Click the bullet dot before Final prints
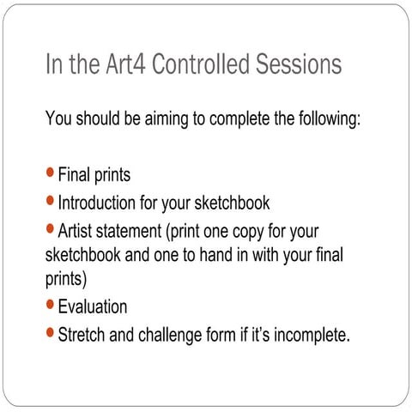(50, 174)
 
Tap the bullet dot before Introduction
(50, 202)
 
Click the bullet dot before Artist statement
(50, 229)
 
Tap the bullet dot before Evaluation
(50, 305)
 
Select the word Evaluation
(93, 306)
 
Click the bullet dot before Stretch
(50, 332)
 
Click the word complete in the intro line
(230, 118)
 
